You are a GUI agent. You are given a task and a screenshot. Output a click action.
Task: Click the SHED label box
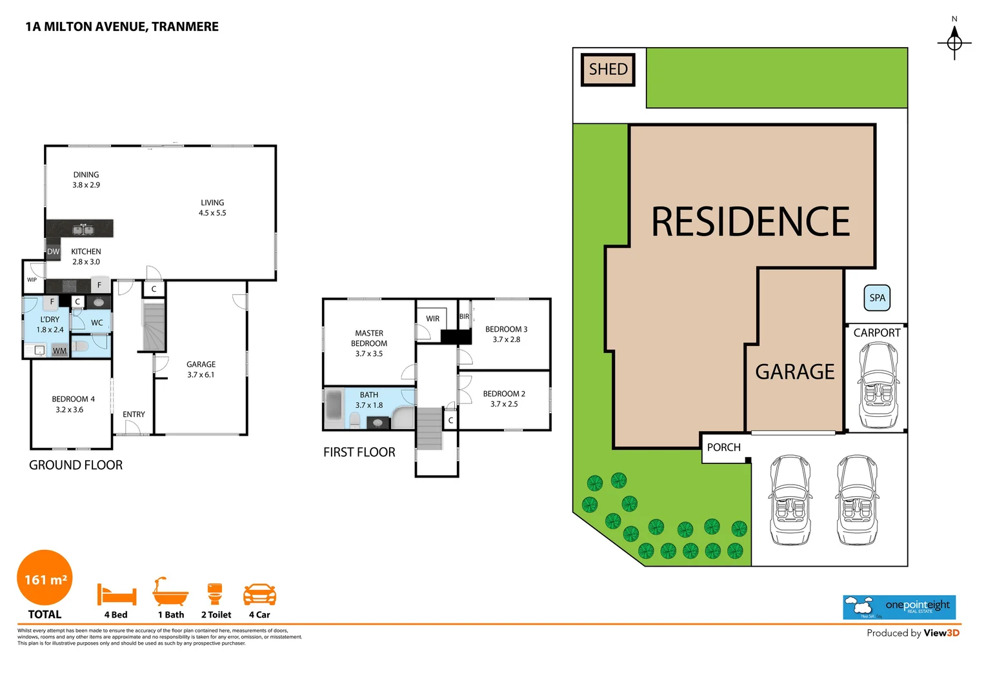pos(608,69)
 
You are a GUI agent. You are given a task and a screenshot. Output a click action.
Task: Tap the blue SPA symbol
pos(877,298)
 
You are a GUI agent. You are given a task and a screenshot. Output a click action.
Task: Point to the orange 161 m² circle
pos(45,578)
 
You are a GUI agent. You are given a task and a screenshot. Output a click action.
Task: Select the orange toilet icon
pos(215,593)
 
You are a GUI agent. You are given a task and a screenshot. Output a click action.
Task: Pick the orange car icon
pos(259,594)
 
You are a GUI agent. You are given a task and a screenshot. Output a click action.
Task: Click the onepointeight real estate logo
pos(899,607)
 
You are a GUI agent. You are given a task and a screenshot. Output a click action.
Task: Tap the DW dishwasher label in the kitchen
pos(53,252)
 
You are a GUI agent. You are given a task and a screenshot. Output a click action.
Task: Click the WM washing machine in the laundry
pos(59,351)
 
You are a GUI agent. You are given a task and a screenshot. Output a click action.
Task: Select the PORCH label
pos(723,447)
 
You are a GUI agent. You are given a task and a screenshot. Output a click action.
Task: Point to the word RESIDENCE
pos(750,221)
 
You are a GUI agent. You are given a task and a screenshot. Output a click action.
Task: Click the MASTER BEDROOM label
pos(369,343)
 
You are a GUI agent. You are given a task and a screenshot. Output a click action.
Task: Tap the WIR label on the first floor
pos(432,319)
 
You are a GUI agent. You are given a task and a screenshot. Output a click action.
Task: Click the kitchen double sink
pos(83,229)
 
